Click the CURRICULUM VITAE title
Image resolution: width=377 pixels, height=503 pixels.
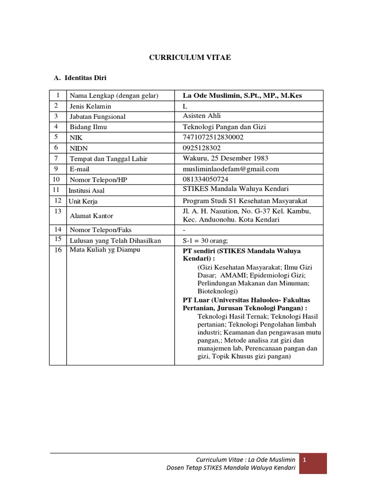point(189,58)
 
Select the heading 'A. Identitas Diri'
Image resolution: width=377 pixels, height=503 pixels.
point(81,78)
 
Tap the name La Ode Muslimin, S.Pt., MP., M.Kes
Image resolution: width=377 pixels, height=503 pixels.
point(242,95)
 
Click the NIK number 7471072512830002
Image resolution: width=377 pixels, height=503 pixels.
point(213,137)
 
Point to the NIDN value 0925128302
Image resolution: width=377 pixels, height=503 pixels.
point(202,148)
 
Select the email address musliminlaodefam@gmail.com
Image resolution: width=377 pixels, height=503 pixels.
point(231,169)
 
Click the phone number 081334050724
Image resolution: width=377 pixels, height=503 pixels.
point(205,179)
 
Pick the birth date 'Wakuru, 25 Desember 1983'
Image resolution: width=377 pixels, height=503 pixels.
point(225,158)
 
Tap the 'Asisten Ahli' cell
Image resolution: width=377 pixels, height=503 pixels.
point(202,116)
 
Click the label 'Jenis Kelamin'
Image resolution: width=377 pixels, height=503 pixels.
point(90,106)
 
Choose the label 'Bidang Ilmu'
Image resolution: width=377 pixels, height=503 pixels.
point(88,127)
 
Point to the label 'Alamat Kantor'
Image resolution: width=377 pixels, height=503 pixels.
point(92,216)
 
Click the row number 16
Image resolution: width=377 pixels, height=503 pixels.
point(58,250)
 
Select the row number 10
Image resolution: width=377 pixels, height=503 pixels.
point(56,179)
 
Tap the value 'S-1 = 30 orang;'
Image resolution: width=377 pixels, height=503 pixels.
point(206,241)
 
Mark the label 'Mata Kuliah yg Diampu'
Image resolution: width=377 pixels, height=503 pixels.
point(105,250)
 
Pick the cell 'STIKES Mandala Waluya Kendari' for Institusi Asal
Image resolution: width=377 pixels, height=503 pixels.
point(235,189)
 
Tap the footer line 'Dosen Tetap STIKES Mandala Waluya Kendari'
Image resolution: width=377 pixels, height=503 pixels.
point(231,468)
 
